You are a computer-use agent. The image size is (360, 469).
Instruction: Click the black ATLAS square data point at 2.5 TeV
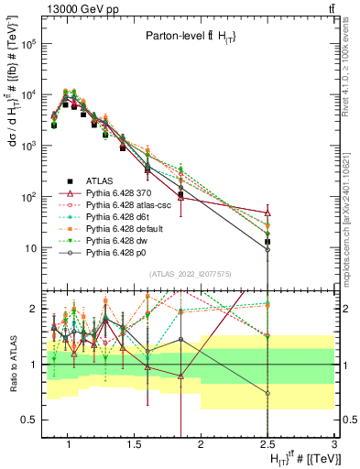pyautogui.click(x=267, y=242)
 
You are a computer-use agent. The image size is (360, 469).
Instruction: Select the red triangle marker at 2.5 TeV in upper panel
pyautogui.click(x=267, y=213)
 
